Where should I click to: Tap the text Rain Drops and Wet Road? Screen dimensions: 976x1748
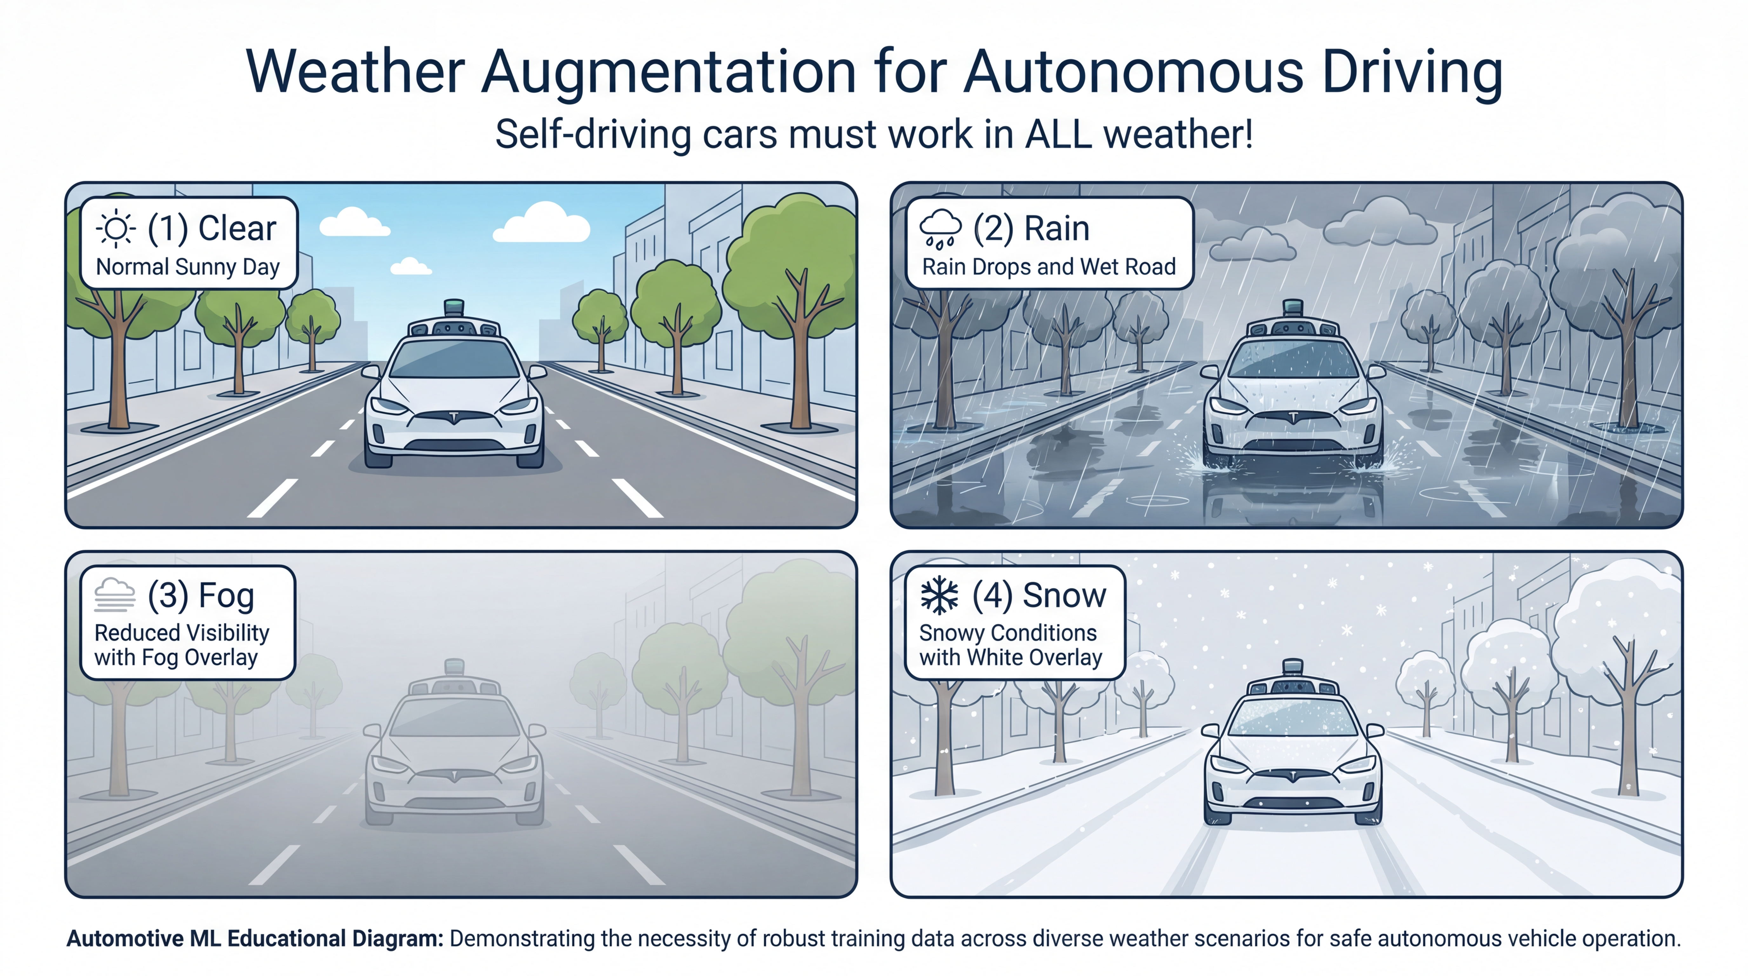point(1048,267)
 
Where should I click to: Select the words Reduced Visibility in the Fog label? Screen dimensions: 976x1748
point(182,633)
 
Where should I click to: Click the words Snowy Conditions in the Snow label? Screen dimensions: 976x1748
point(1008,633)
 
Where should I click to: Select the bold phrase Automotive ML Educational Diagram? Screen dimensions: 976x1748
point(254,939)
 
